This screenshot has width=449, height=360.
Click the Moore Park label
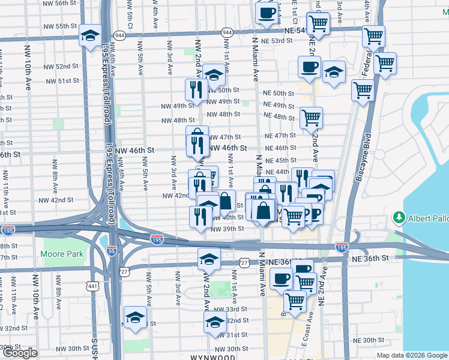63,254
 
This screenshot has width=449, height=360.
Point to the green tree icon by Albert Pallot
397,217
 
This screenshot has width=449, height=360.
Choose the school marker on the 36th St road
209,259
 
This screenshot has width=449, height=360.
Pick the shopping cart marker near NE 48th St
311,118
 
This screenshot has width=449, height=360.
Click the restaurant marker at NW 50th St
196,90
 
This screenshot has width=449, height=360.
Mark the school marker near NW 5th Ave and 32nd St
136,317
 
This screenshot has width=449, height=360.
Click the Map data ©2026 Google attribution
412,355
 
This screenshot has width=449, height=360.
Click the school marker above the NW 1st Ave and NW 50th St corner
214,75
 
